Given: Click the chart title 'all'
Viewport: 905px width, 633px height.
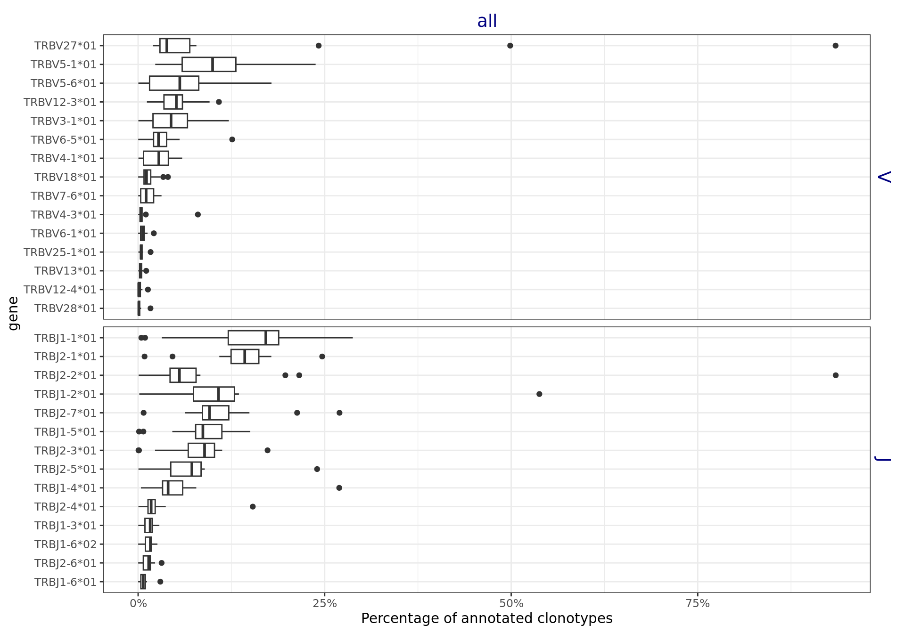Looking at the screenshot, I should pos(487,21).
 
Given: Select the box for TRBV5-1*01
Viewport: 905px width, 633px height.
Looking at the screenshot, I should pos(209,65).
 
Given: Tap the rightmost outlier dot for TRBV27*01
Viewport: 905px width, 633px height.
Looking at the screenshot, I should pos(835,46).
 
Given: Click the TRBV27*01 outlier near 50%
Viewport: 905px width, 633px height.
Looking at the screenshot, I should pos(510,46).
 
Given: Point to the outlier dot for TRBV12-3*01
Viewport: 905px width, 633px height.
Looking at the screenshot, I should pos(219,102).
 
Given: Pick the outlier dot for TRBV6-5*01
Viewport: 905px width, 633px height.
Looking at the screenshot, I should pos(232,139).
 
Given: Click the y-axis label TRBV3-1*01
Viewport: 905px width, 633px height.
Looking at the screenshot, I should pos(64,121).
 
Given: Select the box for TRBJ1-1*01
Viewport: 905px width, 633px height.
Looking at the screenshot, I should pos(253,338).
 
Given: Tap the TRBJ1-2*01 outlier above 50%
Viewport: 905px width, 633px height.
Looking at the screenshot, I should pos(539,394).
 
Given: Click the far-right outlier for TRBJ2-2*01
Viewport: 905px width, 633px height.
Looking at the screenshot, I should pos(836,375).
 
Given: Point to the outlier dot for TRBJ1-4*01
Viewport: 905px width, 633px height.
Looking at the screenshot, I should pos(339,488).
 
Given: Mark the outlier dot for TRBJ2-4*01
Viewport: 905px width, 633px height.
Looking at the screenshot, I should pos(253,507).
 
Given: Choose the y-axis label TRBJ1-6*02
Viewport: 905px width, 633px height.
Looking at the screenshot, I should pos(66,544).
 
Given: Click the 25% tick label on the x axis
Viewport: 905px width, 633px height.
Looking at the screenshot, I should pos(325,604).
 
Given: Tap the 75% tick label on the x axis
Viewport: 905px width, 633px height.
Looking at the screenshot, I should pos(698,604).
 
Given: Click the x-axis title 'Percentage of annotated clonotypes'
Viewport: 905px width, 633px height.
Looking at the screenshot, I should pos(486,619).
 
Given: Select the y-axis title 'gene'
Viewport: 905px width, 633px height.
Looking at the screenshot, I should pos(13,314).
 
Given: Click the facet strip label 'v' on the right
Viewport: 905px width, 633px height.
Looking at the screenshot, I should pos(884,177).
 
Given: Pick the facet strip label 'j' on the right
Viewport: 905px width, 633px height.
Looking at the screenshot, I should pos(884,459).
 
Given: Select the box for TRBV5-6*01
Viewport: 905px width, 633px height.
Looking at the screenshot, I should pos(174,83).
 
